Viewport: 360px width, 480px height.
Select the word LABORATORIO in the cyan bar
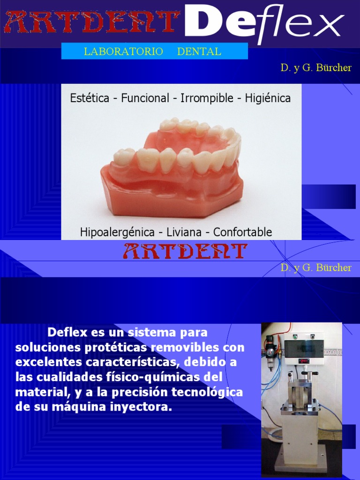[x=123, y=52]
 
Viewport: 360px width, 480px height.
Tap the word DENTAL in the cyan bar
[x=199, y=52]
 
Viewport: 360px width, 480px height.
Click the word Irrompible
[x=207, y=98]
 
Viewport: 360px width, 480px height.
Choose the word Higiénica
[x=268, y=98]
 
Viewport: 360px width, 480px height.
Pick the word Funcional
[x=145, y=98]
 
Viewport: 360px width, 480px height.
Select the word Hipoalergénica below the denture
[x=117, y=232]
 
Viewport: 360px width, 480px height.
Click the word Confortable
[x=242, y=232]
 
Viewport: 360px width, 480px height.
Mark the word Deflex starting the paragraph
[x=67, y=333]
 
